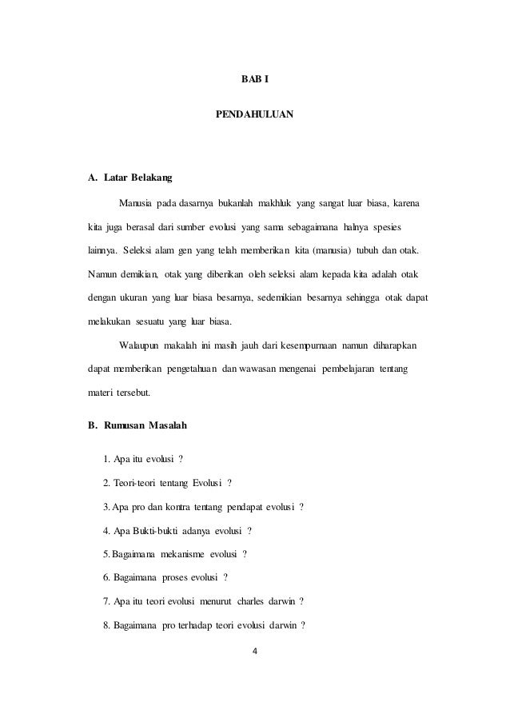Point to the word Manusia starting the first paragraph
[x=136, y=197]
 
